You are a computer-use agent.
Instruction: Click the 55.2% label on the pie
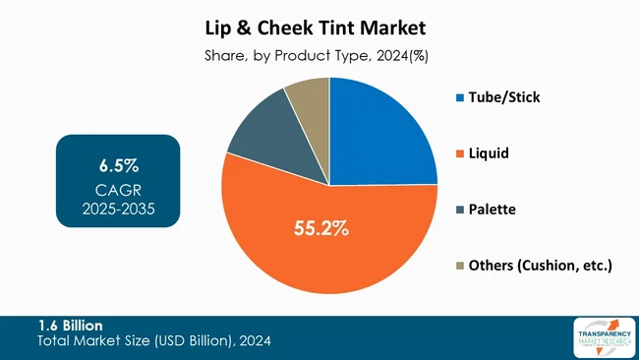(x=321, y=229)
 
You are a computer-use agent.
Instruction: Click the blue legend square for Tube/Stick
(x=460, y=98)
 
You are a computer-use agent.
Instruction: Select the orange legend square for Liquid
(x=460, y=154)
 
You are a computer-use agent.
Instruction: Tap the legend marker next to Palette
(x=460, y=210)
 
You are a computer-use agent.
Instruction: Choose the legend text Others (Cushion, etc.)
(x=542, y=266)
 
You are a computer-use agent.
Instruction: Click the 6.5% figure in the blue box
(x=118, y=162)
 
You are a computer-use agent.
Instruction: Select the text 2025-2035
(x=118, y=208)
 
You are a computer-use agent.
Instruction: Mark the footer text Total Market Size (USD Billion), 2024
(x=153, y=340)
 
